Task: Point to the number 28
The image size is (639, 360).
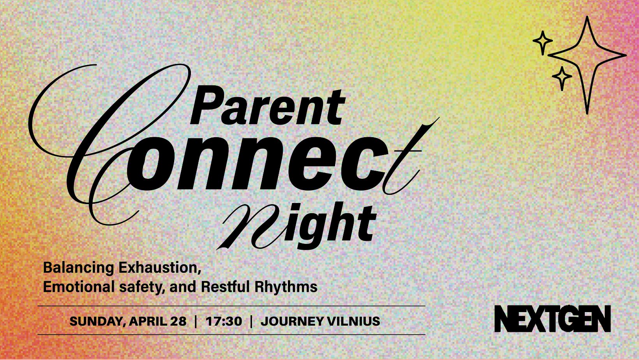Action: click(x=178, y=321)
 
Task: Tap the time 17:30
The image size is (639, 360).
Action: click(x=224, y=321)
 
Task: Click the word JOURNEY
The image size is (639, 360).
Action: click(x=291, y=321)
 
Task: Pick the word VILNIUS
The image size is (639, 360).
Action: click(x=353, y=321)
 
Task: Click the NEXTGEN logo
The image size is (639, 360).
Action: click(x=553, y=319)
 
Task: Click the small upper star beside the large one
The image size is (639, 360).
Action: click(x=543, y=42)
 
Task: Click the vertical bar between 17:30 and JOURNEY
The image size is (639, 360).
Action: click(x=251, y=321)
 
